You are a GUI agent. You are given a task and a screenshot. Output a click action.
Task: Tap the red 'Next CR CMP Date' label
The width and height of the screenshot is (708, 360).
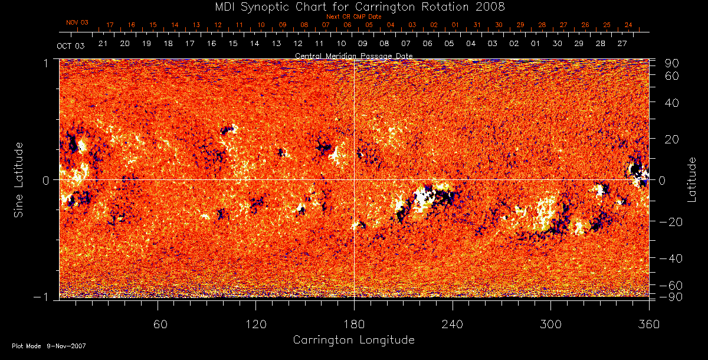(x=354, y=17)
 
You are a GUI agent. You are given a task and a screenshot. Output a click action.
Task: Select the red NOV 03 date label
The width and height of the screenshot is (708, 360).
(x=77, y=22)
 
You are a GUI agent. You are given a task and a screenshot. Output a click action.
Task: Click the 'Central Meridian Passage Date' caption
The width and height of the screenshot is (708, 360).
(x=354, y=55)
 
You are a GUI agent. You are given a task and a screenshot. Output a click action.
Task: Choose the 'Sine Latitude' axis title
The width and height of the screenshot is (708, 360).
(x=19, y=179)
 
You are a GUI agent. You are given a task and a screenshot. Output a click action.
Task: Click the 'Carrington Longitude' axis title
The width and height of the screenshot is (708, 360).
(x=354, y=340)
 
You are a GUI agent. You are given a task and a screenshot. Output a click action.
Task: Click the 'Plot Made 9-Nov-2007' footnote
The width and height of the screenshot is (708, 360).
(x=49, y=346)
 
